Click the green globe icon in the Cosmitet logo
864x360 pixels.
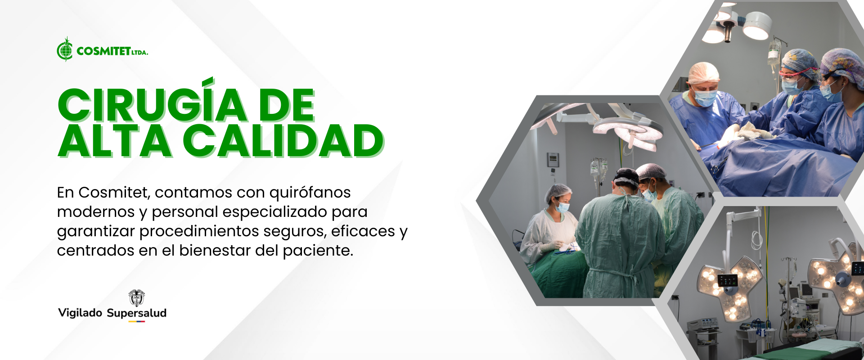pyautogui.click(x=65, y=49)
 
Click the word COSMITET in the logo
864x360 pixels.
pyautogui.click(x=104, y=51)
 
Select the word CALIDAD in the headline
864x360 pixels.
pyautogui.click(x=283, y=141)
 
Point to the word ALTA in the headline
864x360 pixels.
pyautogui.click(x=115, y=141)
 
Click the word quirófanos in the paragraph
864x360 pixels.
pyautogui.click(x=310, y=193)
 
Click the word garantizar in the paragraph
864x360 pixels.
pyautogui.click(x=96, y=232)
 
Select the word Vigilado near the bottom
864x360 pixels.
pyautogui.click(x=80, y=313)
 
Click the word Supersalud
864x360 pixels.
pyautogui.click(x=137, y=313)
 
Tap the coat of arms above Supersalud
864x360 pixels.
pyautogui.click(x=137, y=298)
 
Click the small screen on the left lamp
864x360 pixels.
pyautogui.click(x=728, y=281)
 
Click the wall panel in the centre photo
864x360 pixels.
pyautogui.click(x=553, y=160)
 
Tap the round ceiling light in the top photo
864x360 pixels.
pyautogui.click(x=757, y=25)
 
